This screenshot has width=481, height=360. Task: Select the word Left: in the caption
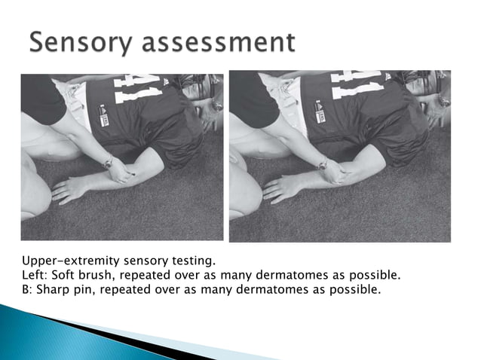(35, 275)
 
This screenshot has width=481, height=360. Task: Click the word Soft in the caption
(65, 275)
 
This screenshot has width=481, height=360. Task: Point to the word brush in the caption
(98, 275)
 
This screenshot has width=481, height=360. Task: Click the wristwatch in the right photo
(323, 163)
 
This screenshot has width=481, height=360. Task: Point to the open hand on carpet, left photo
(69, 189)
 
